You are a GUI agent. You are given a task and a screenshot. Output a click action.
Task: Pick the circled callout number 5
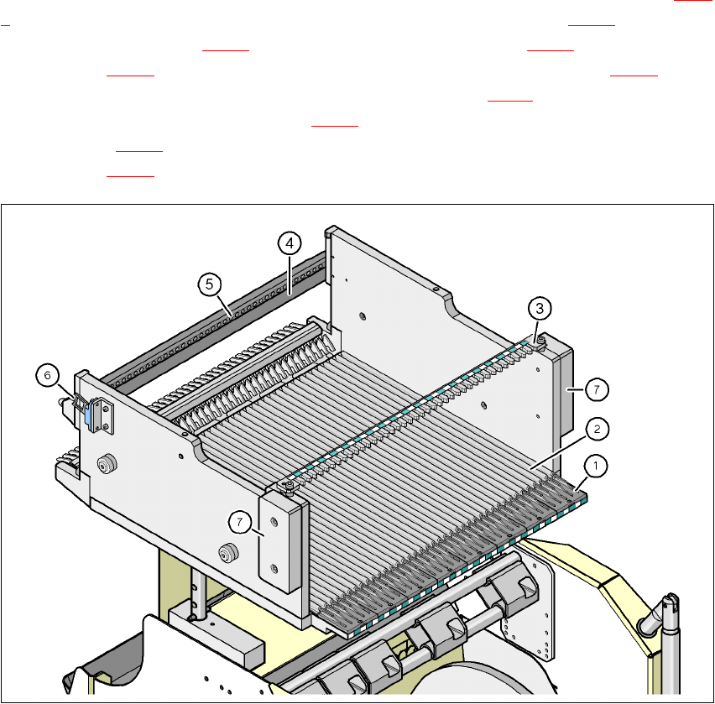(x=210, y=283)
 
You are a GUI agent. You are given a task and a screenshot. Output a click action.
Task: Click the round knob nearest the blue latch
(x=107, y=466)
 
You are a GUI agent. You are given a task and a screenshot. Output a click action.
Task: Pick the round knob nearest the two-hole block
(x=226, y=552)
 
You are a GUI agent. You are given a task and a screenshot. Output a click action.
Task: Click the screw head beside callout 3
(x=540, y=340)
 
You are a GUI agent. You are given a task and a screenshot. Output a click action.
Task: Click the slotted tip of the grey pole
(x=669, y=604)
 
